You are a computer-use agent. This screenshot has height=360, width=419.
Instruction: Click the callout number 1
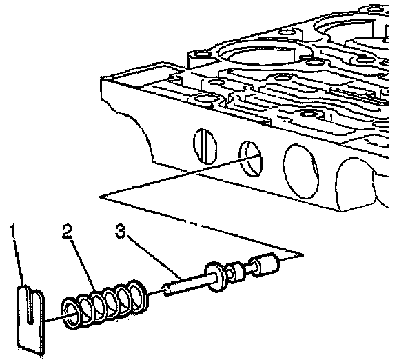13,231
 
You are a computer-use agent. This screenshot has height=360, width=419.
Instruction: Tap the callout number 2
67,231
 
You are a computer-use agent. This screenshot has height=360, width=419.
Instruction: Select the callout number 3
120,231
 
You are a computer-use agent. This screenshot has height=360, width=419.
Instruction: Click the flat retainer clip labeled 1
30,319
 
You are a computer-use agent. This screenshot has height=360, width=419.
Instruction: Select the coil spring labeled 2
105,303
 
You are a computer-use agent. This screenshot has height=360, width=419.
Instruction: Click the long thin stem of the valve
187,283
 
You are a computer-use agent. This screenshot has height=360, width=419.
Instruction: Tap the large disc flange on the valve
216,277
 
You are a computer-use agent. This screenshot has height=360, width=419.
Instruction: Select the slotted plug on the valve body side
205,146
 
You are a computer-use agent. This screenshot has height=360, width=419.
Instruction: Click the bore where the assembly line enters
251,159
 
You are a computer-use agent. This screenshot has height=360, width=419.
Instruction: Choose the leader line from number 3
155,258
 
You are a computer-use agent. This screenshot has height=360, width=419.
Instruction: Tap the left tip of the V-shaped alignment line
99,197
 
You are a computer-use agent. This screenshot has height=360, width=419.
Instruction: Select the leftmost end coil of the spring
72,314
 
